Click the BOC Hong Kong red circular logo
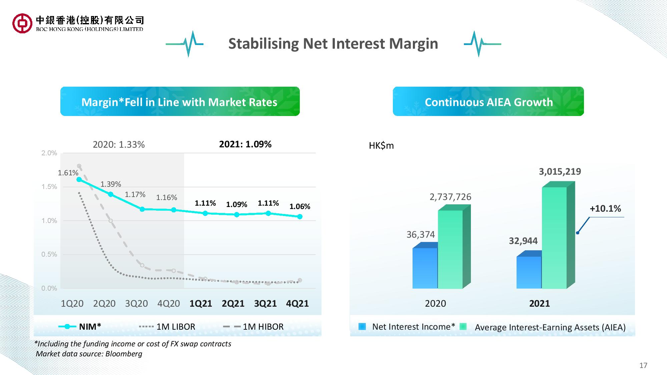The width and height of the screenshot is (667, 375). point(22,23)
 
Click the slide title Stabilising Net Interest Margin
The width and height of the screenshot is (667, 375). point(333,44)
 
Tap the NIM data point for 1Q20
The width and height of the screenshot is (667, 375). point(79,179)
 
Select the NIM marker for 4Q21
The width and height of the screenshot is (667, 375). point(300,217)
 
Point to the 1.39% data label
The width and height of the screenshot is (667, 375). point(111,184)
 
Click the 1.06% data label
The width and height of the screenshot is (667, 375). point(299,207)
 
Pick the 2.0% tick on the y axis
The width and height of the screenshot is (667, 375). point(49,153)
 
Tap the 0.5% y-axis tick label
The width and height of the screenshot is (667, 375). point(49,254)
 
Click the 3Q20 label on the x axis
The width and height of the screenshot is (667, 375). point(136,303)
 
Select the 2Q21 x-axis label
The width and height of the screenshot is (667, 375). point(233,303)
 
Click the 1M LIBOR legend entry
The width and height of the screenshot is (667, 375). point(167,327)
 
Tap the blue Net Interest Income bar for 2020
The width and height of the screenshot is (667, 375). point(425,268)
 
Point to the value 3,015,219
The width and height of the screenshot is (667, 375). point(560,172)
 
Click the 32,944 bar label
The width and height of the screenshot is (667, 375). point(523,241)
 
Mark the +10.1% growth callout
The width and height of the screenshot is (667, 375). point(605,209)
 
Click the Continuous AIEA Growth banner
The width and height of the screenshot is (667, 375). point(488,102)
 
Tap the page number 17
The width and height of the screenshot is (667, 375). point(643,365)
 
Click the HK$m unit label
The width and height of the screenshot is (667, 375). point(381,146)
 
